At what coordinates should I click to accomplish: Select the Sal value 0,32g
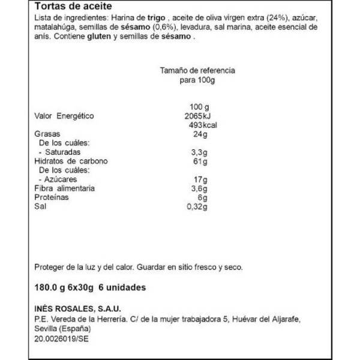[197, 207]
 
